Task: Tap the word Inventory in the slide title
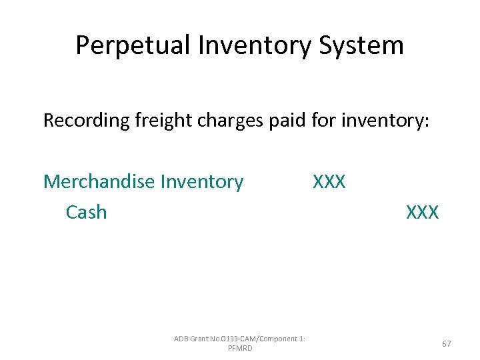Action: pos(241,45)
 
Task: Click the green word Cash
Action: pos(86,212)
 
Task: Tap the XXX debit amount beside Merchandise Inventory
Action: pos(329,181)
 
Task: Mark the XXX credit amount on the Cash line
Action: pos(423,212)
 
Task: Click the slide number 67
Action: pos(447,343)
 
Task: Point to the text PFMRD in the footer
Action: pos(240,348)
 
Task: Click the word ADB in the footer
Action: pos(181,339)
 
